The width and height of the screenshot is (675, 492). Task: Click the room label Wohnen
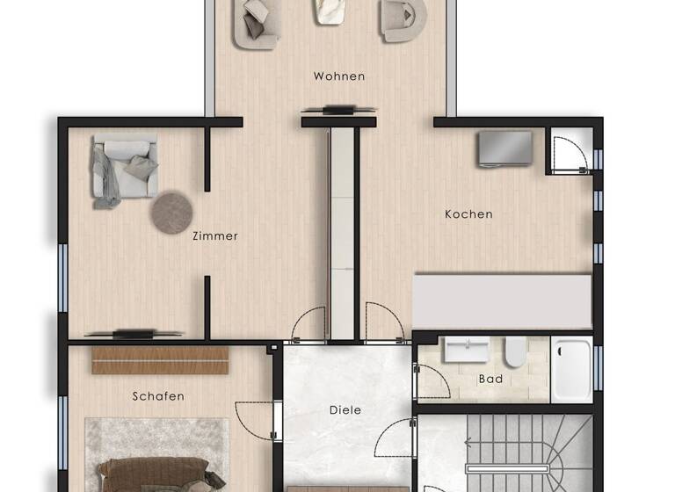[338, 76]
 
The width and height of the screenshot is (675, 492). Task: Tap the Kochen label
[468, 213]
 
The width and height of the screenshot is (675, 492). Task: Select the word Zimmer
[215, 235]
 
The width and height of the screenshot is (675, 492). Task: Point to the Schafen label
[158, 396]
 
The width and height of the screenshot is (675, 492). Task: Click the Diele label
[345, 409]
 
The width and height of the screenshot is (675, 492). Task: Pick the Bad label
[490, 379]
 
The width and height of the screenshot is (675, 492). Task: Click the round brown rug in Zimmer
[172, 212]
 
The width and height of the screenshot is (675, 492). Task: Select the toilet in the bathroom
[514, 353]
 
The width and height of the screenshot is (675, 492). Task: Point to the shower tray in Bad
[572, 370]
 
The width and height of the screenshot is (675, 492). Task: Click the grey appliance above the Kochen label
[505, 148]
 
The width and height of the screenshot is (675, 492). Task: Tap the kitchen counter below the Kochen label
[501, 301]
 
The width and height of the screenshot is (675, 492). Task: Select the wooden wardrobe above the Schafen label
[160, 360]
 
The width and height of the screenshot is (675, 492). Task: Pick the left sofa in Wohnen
[256, 22]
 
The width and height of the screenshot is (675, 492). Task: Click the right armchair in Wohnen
[403, 20]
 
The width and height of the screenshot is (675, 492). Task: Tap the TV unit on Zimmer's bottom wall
[134, 333]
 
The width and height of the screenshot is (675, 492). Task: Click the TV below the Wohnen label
[338, 110]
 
